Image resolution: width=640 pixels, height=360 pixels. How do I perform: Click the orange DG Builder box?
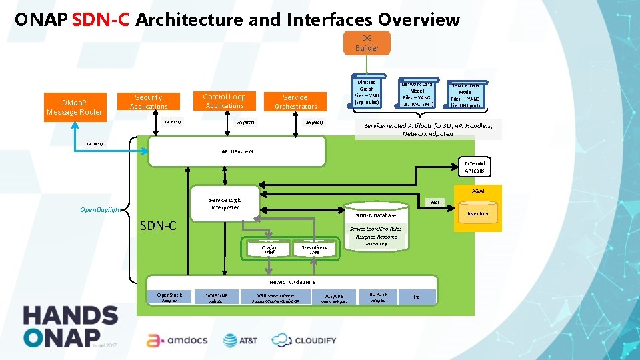367,43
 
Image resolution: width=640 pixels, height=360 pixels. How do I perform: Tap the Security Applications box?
149,102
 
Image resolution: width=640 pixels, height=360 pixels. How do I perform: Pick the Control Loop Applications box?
225,101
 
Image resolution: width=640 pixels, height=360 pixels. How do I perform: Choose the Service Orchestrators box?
295,102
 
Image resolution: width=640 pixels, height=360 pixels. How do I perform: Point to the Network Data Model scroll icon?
417,94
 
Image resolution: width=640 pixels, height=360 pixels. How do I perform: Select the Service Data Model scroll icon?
465,95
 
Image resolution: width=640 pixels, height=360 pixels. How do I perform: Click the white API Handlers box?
237,151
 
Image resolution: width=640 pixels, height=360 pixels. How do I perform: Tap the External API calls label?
475,167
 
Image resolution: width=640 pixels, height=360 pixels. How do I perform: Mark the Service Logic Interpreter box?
225,203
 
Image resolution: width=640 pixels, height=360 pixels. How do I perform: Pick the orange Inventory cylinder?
477,214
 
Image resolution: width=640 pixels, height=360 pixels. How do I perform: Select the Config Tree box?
269,249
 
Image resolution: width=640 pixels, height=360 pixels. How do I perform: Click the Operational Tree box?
314,249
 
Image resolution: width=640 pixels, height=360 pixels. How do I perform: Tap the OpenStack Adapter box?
169,297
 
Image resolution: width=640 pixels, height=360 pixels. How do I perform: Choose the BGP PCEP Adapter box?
378,297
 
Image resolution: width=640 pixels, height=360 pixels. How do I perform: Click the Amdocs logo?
177,340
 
